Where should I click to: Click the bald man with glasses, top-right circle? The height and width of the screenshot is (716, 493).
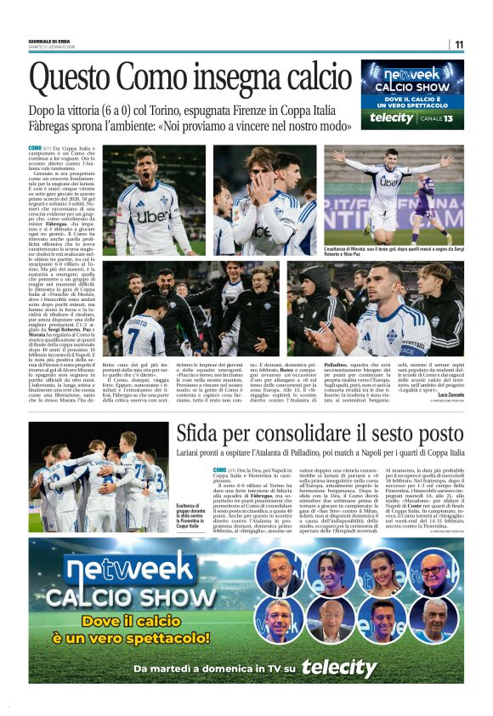(x=436, y=572)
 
